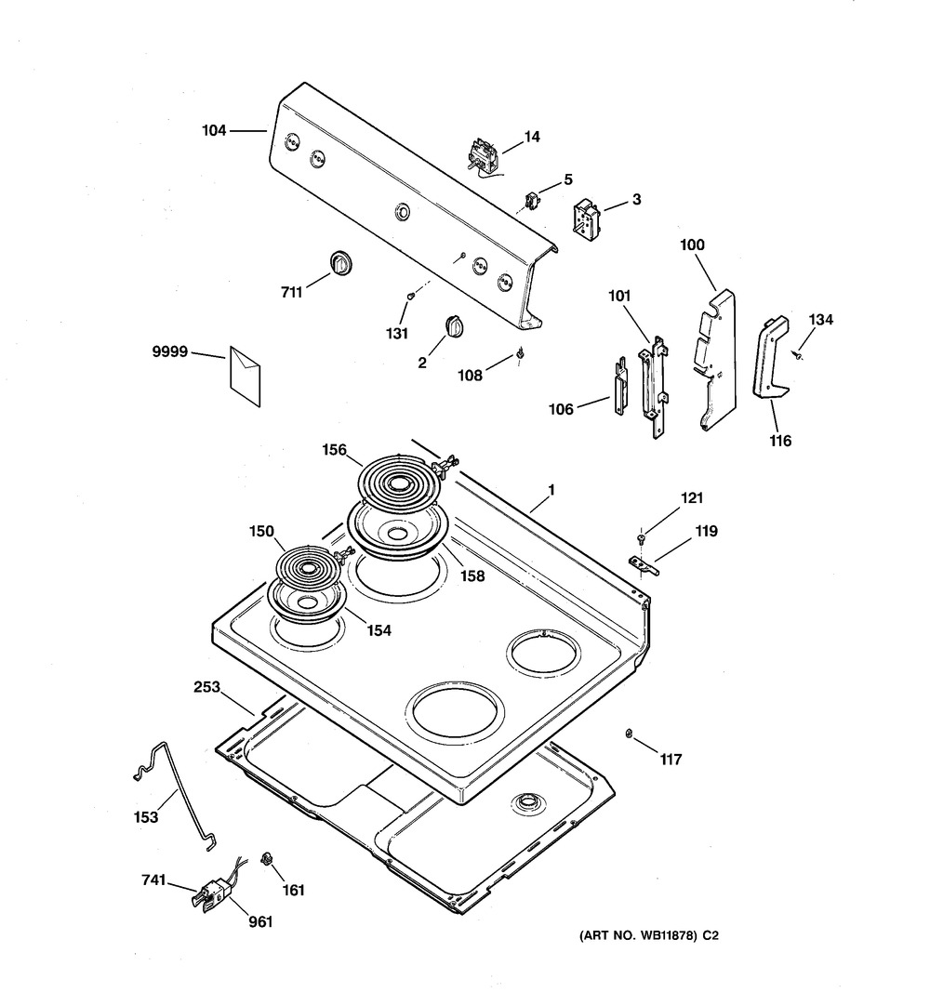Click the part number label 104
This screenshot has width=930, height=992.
pyautogui.click(x=214, y=131)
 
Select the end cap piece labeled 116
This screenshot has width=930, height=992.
pyautogui.click(x=771, y=359)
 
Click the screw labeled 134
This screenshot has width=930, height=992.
pyautogui.click(x=799, y=356)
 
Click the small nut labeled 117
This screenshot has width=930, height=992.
pyautogui.click(x=630, y=734)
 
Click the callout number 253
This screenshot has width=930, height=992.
pyautogui.click(x=206, y=688)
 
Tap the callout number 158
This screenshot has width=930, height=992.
pyautogui.click(x=472, y=575)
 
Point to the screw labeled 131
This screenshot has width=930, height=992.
pyautogui.click(x=409, y=297)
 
